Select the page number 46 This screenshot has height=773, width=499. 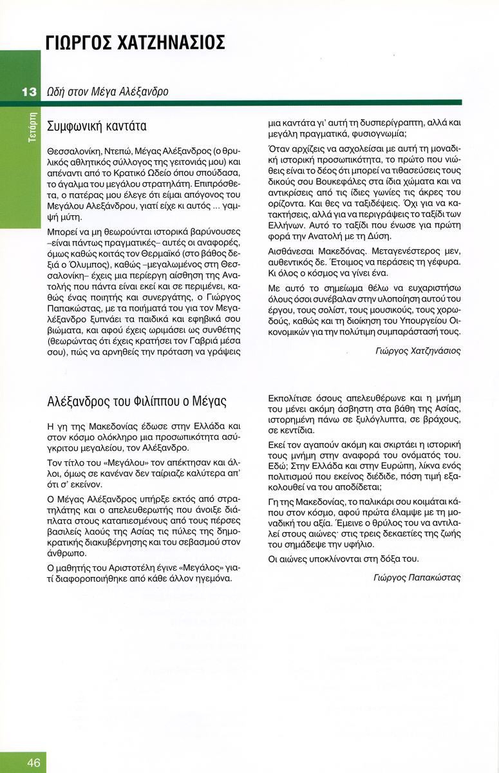click(x=33, y=763)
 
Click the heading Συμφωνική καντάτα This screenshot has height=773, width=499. click(x=97, y=126)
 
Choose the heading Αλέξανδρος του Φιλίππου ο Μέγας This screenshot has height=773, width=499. click(x=137, y=401)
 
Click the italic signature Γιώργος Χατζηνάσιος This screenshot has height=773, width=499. click(x=418, y=351)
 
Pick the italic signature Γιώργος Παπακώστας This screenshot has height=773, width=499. click(x=417, y=578)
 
